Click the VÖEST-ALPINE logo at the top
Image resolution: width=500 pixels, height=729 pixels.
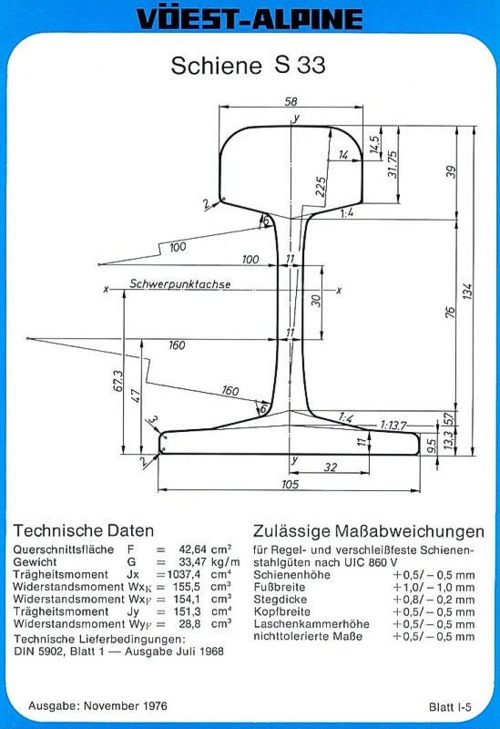click(250, 19)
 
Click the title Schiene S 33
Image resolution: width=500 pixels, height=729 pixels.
click(248, 65)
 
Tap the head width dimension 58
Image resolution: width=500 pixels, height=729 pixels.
click(291, 101)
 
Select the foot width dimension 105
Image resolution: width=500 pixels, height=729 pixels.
click(290, 484)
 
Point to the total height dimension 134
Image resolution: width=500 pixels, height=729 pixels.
click(467, 291)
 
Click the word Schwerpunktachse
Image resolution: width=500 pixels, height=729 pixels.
click(179, 283)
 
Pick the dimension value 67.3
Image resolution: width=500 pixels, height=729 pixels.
click(118, 381)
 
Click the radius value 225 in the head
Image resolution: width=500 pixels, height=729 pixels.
click(321, 187)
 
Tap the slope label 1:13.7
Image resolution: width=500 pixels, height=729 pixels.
click(393, 425)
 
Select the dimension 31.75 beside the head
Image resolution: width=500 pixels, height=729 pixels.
click(393, 164)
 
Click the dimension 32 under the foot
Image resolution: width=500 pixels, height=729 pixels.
click(331, 467)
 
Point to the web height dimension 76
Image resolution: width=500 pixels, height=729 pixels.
click(450, 312)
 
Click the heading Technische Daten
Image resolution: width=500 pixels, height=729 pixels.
click(84, 530)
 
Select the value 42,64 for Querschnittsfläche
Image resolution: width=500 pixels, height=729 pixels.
click(192, 549)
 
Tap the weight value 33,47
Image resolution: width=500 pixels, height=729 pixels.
click(192, 561)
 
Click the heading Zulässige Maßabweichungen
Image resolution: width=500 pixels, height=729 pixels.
click(369, 531)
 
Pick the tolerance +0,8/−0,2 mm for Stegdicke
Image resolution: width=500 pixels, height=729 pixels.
click(434, 600)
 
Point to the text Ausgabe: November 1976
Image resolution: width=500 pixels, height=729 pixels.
click(97, 705)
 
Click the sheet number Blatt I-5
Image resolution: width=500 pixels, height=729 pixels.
click(450, 707)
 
